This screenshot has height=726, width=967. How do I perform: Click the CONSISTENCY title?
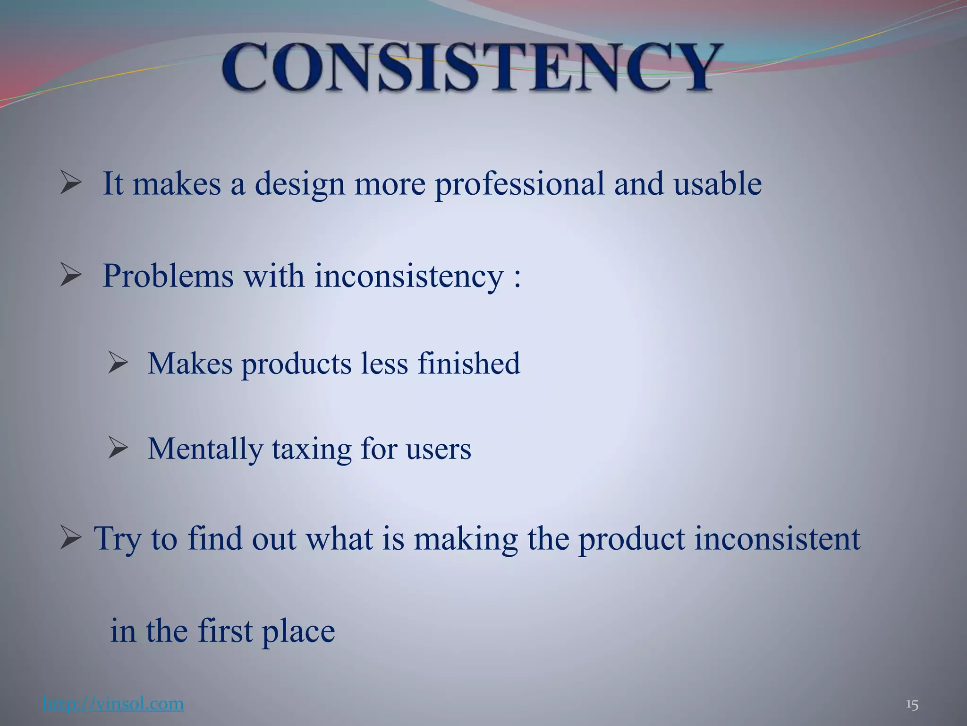472,67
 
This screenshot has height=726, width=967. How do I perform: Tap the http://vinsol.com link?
113,704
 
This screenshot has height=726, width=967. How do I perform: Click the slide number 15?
912,705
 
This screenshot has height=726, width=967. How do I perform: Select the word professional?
519,184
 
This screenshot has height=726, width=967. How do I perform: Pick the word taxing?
312,449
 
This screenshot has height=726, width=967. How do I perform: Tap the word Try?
118,539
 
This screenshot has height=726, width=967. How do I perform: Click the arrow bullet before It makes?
71,184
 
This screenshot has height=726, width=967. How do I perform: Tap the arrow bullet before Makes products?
118,363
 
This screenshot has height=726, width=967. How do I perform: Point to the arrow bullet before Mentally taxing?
118,449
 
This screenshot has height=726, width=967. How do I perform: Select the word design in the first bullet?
300,184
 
